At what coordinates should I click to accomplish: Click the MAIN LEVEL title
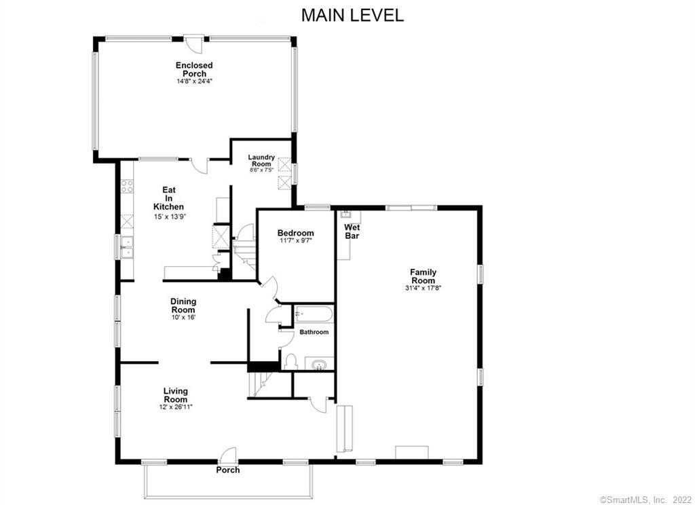352,15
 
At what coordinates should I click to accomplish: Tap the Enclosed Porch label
194,69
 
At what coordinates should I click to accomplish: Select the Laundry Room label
261,160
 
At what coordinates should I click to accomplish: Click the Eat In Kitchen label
168,198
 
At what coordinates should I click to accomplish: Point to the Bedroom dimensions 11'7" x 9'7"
295,240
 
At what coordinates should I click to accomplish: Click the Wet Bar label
352,231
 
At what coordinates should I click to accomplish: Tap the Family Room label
423,276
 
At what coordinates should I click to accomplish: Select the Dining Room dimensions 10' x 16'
183,317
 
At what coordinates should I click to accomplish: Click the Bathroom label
314,332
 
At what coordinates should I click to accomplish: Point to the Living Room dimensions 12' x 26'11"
175,407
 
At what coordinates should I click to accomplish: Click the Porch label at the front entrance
227,470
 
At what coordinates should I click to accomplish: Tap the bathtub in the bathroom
314,315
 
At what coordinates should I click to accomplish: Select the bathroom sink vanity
318,365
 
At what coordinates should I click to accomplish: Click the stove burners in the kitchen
127,185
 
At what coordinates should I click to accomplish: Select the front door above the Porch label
228,455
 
